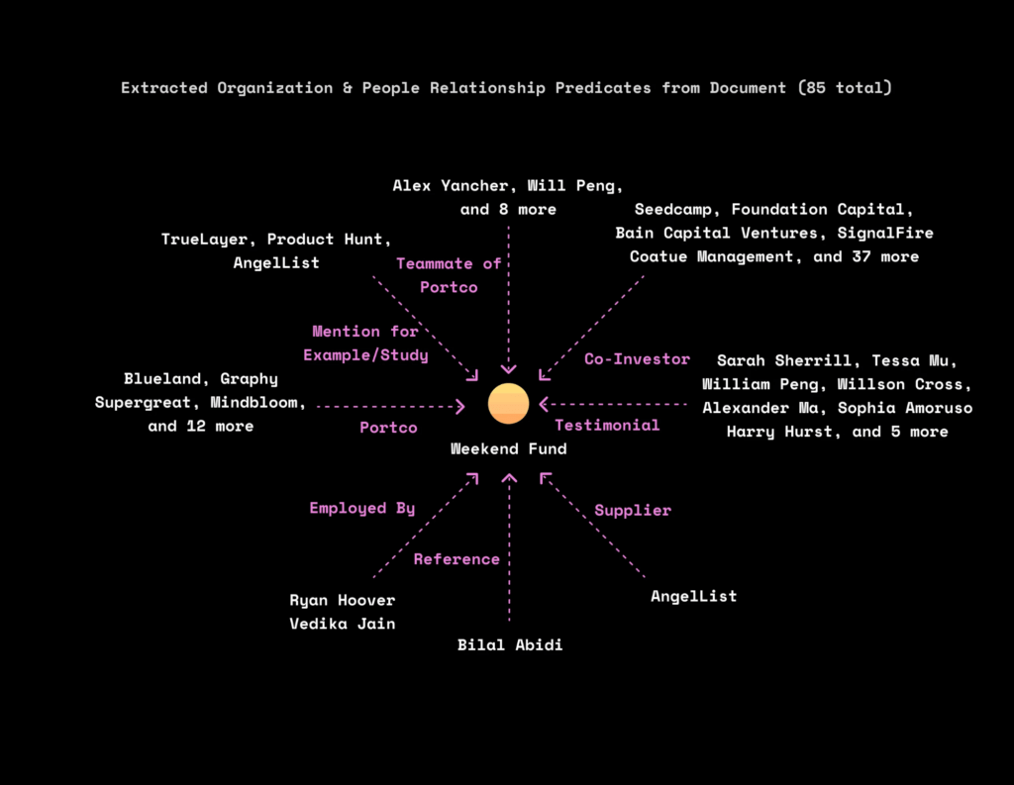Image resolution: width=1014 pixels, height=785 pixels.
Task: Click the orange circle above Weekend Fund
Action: (x=508, y=403)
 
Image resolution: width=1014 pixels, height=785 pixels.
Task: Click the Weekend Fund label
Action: (x=508, y=448)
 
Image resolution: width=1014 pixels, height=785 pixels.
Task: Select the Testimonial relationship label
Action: (x=607, y=425)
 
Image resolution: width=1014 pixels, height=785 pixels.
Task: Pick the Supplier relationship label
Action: (x=632, y=511)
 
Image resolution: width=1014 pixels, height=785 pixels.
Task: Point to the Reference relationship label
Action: (x=456, y=559)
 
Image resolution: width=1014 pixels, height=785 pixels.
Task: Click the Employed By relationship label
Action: (x=361, y=508)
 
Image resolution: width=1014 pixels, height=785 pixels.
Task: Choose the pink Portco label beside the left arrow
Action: (x=388, y=428)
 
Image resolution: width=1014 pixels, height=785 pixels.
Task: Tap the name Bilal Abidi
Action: (x=509, y=645)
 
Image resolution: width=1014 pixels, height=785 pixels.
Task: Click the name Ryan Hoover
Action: (x=342, y=600)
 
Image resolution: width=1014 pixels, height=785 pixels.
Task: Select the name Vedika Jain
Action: (x=342, y=624)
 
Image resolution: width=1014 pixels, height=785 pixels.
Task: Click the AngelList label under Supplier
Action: (x=693, y=596)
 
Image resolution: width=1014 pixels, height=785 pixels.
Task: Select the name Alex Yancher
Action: (x=451, y=185)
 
